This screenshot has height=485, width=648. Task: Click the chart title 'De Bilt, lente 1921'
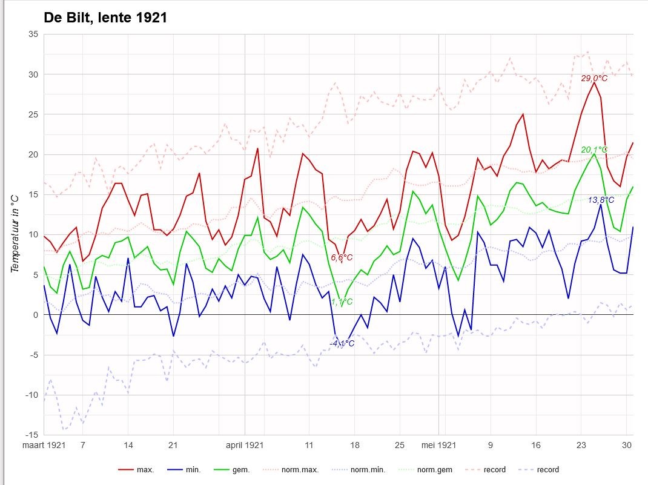pos(105,18)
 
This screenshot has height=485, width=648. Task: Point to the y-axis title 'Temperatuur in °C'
pos(15,234)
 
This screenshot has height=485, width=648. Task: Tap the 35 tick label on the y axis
pos(33,35)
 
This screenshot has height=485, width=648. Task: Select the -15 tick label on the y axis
pos(31,435)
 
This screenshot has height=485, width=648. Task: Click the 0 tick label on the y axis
pos(36,315)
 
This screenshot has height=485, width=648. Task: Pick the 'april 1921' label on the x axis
pos(245,446)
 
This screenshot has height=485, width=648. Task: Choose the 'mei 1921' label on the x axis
pos(438,446)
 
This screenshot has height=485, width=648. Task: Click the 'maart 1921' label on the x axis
pos(44,446)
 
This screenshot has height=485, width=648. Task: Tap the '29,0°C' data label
pos(594,79)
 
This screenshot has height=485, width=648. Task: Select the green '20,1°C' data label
pos(594,150)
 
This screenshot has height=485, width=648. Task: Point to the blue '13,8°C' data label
pos(601,200)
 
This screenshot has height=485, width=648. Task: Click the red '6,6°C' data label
pos(342,258)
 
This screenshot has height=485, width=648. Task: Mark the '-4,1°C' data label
pos(342,343)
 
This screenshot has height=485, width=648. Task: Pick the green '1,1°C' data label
pos(342,302)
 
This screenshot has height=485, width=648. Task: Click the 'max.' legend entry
pos(136,470)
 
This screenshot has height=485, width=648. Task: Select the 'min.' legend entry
pos(184,470)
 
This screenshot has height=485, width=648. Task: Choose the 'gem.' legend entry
pos(232,470)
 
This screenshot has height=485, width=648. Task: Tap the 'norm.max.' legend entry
pos(291,470)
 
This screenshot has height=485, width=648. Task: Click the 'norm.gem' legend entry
pos(425,470)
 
